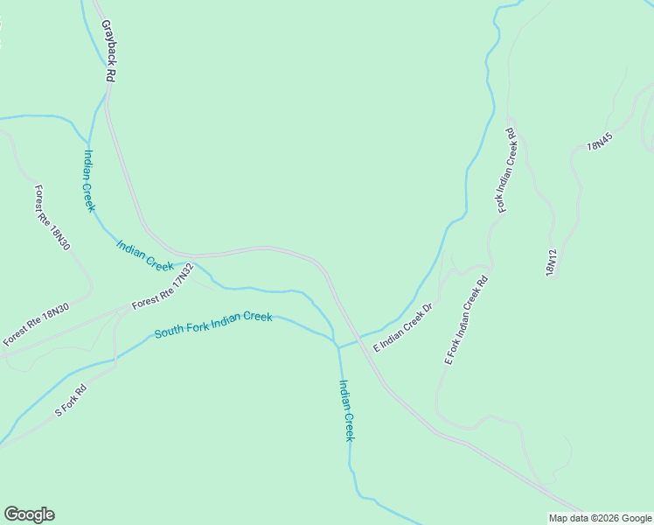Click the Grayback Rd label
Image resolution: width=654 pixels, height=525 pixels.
pos(108,52)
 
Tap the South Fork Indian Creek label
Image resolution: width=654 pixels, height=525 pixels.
pos(213,325)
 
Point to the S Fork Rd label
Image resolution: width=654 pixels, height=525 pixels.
pos(72,400)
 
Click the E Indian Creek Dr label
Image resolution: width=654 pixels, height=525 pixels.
pos(403,328)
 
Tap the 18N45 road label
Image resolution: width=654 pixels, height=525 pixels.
pos(599,139)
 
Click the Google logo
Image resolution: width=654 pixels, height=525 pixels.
pos(29,514)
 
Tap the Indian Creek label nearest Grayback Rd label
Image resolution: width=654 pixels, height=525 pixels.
pos(88,180)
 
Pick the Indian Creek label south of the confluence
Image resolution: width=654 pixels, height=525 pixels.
pos(346,409)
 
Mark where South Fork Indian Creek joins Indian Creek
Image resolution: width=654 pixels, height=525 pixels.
pos(337,346)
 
